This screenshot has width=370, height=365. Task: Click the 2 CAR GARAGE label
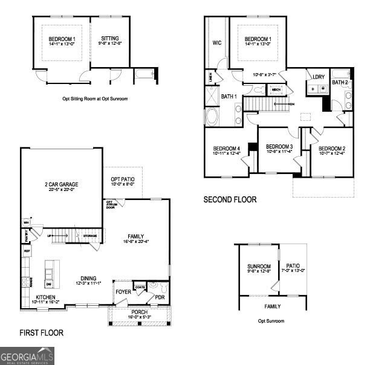click(x=61, y=184)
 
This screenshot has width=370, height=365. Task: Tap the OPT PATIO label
click(x=123, y=179)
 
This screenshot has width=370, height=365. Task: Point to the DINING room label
click(x=88, y=277)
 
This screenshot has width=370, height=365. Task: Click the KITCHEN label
click(x=46, y=297)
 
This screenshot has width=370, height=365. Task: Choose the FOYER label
click(x=123, y=292)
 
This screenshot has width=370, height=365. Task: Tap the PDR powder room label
click(x=160, y=297)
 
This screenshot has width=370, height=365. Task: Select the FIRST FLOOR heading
click(x=41, y=332)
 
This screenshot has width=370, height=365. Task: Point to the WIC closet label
click(x=217, y=43)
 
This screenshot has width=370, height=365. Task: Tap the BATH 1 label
click(x=229, y=97)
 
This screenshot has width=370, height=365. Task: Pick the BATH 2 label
click(x=340, y=82)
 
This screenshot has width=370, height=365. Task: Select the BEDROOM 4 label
click(x=227, y=149)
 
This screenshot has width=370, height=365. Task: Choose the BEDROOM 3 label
click(x=279, y=147)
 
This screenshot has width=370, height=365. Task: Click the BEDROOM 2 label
click(x=332, y=149)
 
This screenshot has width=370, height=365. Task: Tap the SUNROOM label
click(x=259, y=266)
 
